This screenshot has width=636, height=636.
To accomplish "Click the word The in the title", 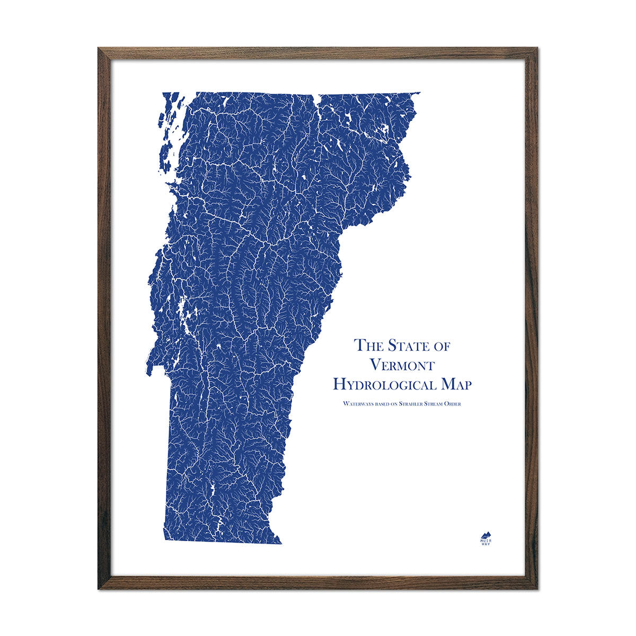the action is click(369, 345).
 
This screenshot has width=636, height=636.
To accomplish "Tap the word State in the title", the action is click(408, 345).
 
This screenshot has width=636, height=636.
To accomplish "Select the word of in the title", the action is click(442, 346).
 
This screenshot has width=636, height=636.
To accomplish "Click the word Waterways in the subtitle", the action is click(358, 404).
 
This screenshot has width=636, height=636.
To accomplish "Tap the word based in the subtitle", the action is click(385, 404).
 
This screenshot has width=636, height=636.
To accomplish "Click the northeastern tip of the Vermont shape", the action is click(419, 93).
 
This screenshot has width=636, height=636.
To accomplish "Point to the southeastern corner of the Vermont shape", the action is click(281, 543).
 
